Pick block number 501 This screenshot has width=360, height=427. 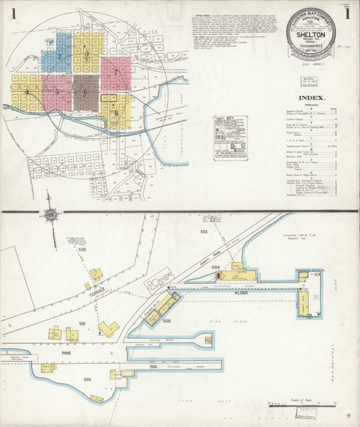pyautogui.click(x=83, y=324)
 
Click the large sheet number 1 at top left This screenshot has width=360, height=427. pyautogui.click(x=14, y=14)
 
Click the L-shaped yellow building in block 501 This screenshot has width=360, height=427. pyautogui.click(x=109, y=327)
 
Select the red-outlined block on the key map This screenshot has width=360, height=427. pyautogui.click(x=112, y=98)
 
